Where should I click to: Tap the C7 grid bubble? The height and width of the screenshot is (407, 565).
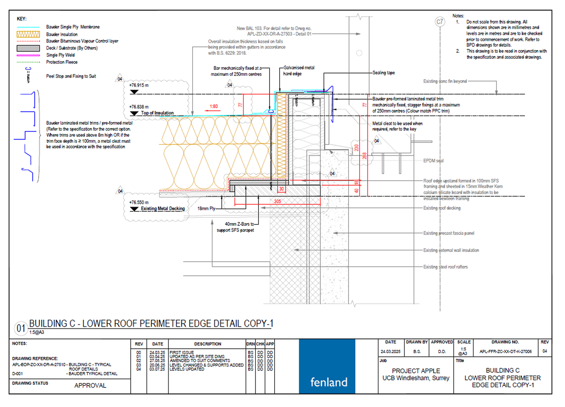tap(440, 22)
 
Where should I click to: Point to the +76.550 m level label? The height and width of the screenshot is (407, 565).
tap(140, 202)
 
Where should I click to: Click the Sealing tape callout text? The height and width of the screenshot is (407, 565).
tap(383, 73)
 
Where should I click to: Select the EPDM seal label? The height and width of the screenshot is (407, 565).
tap(433, 161)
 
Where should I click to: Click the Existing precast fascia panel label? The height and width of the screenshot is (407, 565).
tap(449, 233)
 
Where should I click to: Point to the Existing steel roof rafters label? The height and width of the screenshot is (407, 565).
tap(445, 267)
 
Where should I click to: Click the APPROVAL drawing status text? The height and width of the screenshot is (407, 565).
tap(91, 386)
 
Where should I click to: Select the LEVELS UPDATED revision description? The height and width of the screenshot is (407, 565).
tap(187, 369)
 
